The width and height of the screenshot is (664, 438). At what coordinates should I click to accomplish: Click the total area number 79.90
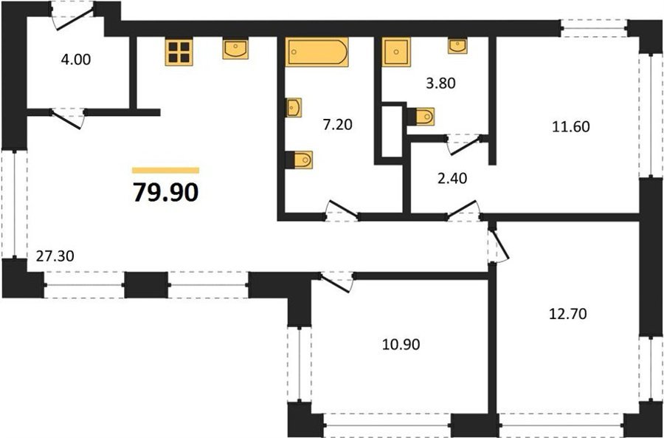pyautogui.click(x=165, y=193)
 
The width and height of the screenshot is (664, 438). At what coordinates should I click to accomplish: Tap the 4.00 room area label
pyautogui.click(x=76, y=59)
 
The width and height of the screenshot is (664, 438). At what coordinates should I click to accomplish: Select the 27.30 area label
pyautogui.click(x=55, y=256)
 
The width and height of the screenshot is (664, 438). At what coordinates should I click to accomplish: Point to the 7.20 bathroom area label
pyautogui.click(x=337, y=125)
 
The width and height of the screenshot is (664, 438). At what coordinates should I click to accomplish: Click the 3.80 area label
pyautogui.click(x=440, y=83)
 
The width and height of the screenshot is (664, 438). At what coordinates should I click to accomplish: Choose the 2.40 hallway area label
pyautogui.click(x=452, y=178)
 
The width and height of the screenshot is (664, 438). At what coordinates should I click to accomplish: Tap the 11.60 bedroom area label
pyautogui.click(x=571, y=126)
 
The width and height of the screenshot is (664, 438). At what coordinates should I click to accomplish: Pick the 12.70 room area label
pyautogui.click(x=567, y=314)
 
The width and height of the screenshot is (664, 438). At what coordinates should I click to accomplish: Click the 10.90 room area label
pyautogui.click(x=401, y=344)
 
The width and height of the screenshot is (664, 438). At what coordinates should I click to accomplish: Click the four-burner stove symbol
pyautogui.click(x=179, y=52)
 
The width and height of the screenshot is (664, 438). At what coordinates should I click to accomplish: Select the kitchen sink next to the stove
pyautogui.click(x=235, y=49)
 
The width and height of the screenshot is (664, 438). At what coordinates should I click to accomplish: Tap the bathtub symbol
pyautogui.click(x=317, y=52)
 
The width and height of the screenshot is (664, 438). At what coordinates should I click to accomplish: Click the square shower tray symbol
pyautogui.click(x=396, y=52)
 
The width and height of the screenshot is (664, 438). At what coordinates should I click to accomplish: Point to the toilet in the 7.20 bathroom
pyautogui.click(x=300, y=160)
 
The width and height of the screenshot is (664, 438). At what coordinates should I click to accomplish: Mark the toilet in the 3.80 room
pyautogui.click(x=421, y=116)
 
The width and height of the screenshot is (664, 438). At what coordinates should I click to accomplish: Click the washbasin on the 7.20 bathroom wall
pyautogui.click(x=293, y=108)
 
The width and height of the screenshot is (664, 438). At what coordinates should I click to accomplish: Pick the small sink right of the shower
pyautogui.click(x=457, y=46)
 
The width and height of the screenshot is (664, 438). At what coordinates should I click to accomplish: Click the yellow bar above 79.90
pyautogui.click(x=165, y=171)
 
